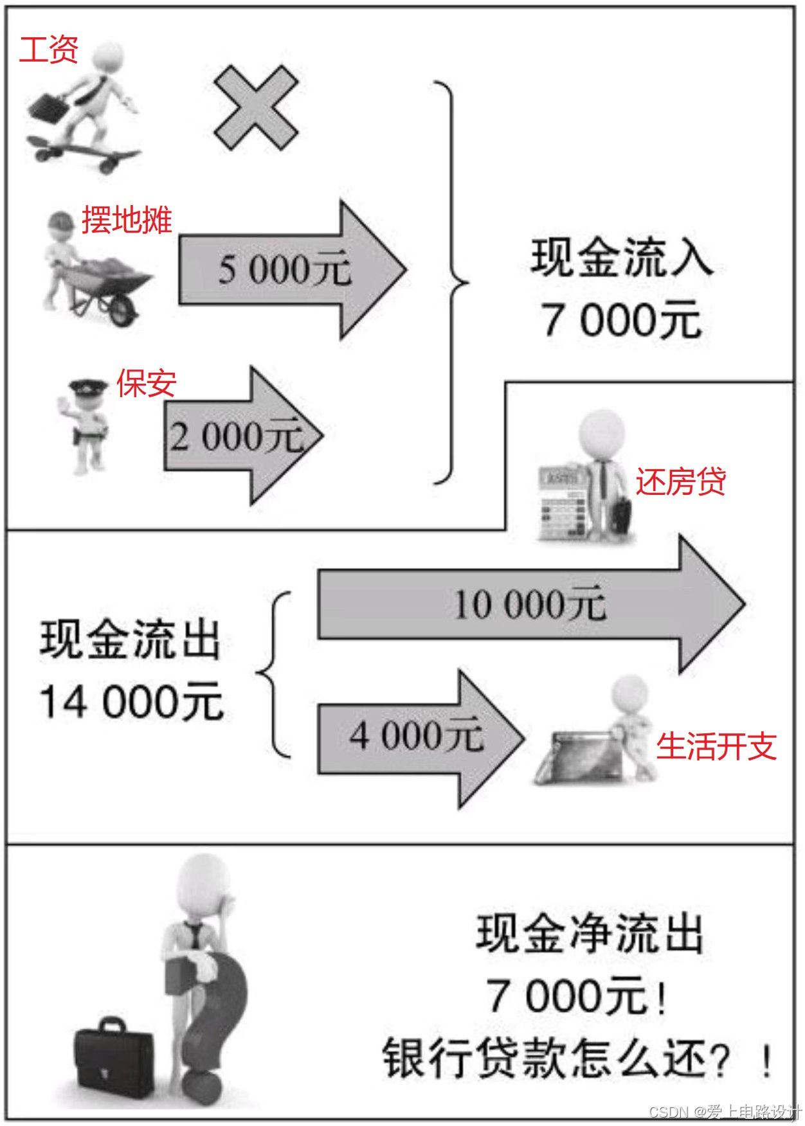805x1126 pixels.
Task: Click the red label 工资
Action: pyautogui.click(x=48, y=49)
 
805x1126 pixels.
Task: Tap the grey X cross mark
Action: pyautogui.click(x=256, y=108)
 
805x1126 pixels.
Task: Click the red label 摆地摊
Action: pyautogui.click(x=127, y=220)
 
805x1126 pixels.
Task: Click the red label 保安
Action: pyautogui.click(x=146, y=384)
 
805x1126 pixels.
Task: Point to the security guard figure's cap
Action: pyautogui.click(x=88, y=388)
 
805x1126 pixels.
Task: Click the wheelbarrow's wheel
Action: pyautogui.click(x=122, y=311)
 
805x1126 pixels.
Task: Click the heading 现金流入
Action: pyautogui.click(x=621, y=258)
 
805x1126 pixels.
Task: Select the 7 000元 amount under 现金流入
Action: pyautogui.click(x=621, y=319)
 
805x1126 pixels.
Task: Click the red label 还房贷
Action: pyautogui.click(x=681, y=481)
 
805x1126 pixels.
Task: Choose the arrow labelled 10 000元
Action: pyautogui.click(x=527, y=604)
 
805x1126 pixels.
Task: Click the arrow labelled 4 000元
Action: pyautogui.click(x=418, y=737)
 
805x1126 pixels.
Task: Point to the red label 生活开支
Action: pyautogui.click(x=716, y=746)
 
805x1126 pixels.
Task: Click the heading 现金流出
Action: pyautogui.click(x=131, y=639)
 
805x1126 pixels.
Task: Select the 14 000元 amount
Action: pyautogui.click(x=131, y=701)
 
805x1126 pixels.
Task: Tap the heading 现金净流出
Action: pyautogui.click(x=589, y=934)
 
